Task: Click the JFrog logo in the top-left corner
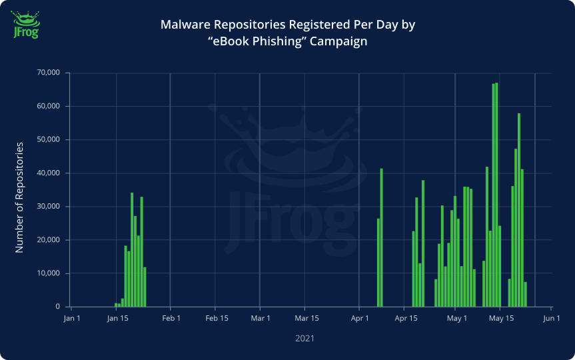[25, 24]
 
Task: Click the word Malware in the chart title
[185, 25]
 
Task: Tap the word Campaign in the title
[338, 41]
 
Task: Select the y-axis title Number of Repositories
[19, 197]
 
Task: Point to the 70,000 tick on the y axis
[49, 73]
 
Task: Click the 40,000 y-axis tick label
[49, 173]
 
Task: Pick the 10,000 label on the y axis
[49, 273]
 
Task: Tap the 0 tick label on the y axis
[57, 307]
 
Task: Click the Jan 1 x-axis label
[72, 318]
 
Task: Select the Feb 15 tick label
[217, 318]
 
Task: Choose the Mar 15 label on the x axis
[306, 318]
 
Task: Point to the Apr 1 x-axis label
[360, 318]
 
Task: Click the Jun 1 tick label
[552, 318]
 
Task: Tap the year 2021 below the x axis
[304, 339]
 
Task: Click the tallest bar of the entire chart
[496, 195]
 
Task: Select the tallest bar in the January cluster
[132, 250]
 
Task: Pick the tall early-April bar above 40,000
[381, 238]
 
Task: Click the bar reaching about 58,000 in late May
[519, 210]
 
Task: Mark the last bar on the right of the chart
[526, 294]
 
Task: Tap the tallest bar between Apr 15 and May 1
[423, 244]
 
